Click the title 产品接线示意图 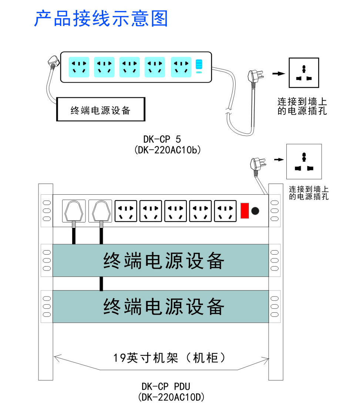(x=101, y=19)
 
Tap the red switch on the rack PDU (x=244, y=211)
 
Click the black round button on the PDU (x=255, y=211)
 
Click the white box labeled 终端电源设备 (x=100, y=110)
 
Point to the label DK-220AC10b (x=167, y=150)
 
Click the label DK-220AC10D (x=171, y=397)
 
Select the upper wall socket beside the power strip (x=303, y=73)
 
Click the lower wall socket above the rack (x=304, y=161)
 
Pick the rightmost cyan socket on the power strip (x=181, y=67)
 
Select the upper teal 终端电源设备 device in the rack (x=161, y=261)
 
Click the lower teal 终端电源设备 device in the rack (x=161, y=306)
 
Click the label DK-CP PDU (x=166, y=387)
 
